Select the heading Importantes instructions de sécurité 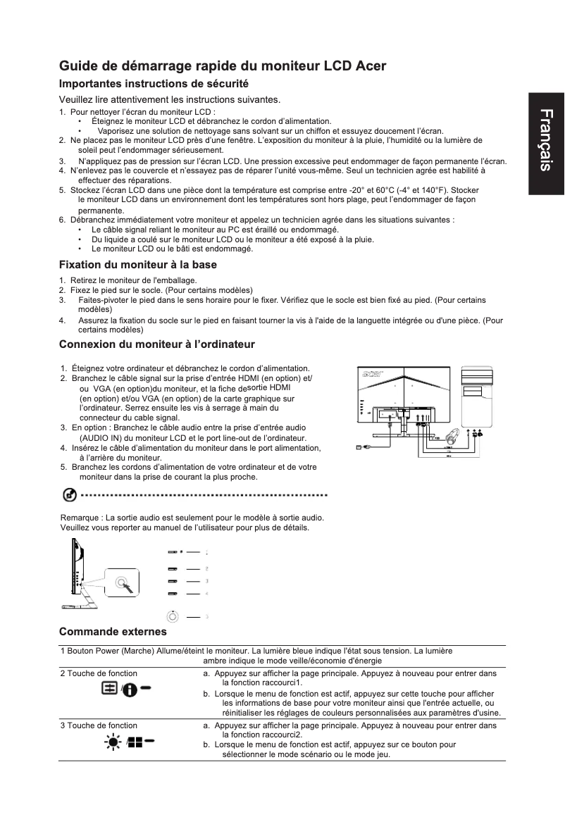(154, 84)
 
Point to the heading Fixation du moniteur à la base (138, 265)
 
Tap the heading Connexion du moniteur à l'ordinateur (157, 344)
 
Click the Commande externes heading (113, 631)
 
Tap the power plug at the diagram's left (362, 447)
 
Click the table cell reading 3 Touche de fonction (99, 725)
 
